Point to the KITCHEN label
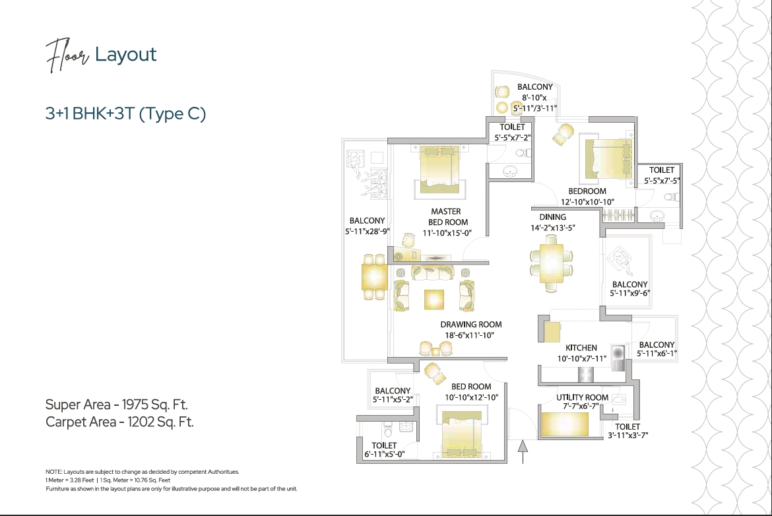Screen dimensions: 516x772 pos(581,348)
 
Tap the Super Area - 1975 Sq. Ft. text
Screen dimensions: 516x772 pos(121,404)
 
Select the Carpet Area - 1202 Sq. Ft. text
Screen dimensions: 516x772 pos(119,422)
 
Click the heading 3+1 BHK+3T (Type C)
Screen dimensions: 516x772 pos(125,113)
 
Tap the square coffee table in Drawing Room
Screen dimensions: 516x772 pos(434,300)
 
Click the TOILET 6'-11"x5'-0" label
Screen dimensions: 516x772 pos(384,450)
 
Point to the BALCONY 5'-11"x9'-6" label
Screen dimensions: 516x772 pos(629,289)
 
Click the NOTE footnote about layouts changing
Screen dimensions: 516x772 pos(142,472)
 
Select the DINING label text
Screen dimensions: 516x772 pos(552,217)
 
